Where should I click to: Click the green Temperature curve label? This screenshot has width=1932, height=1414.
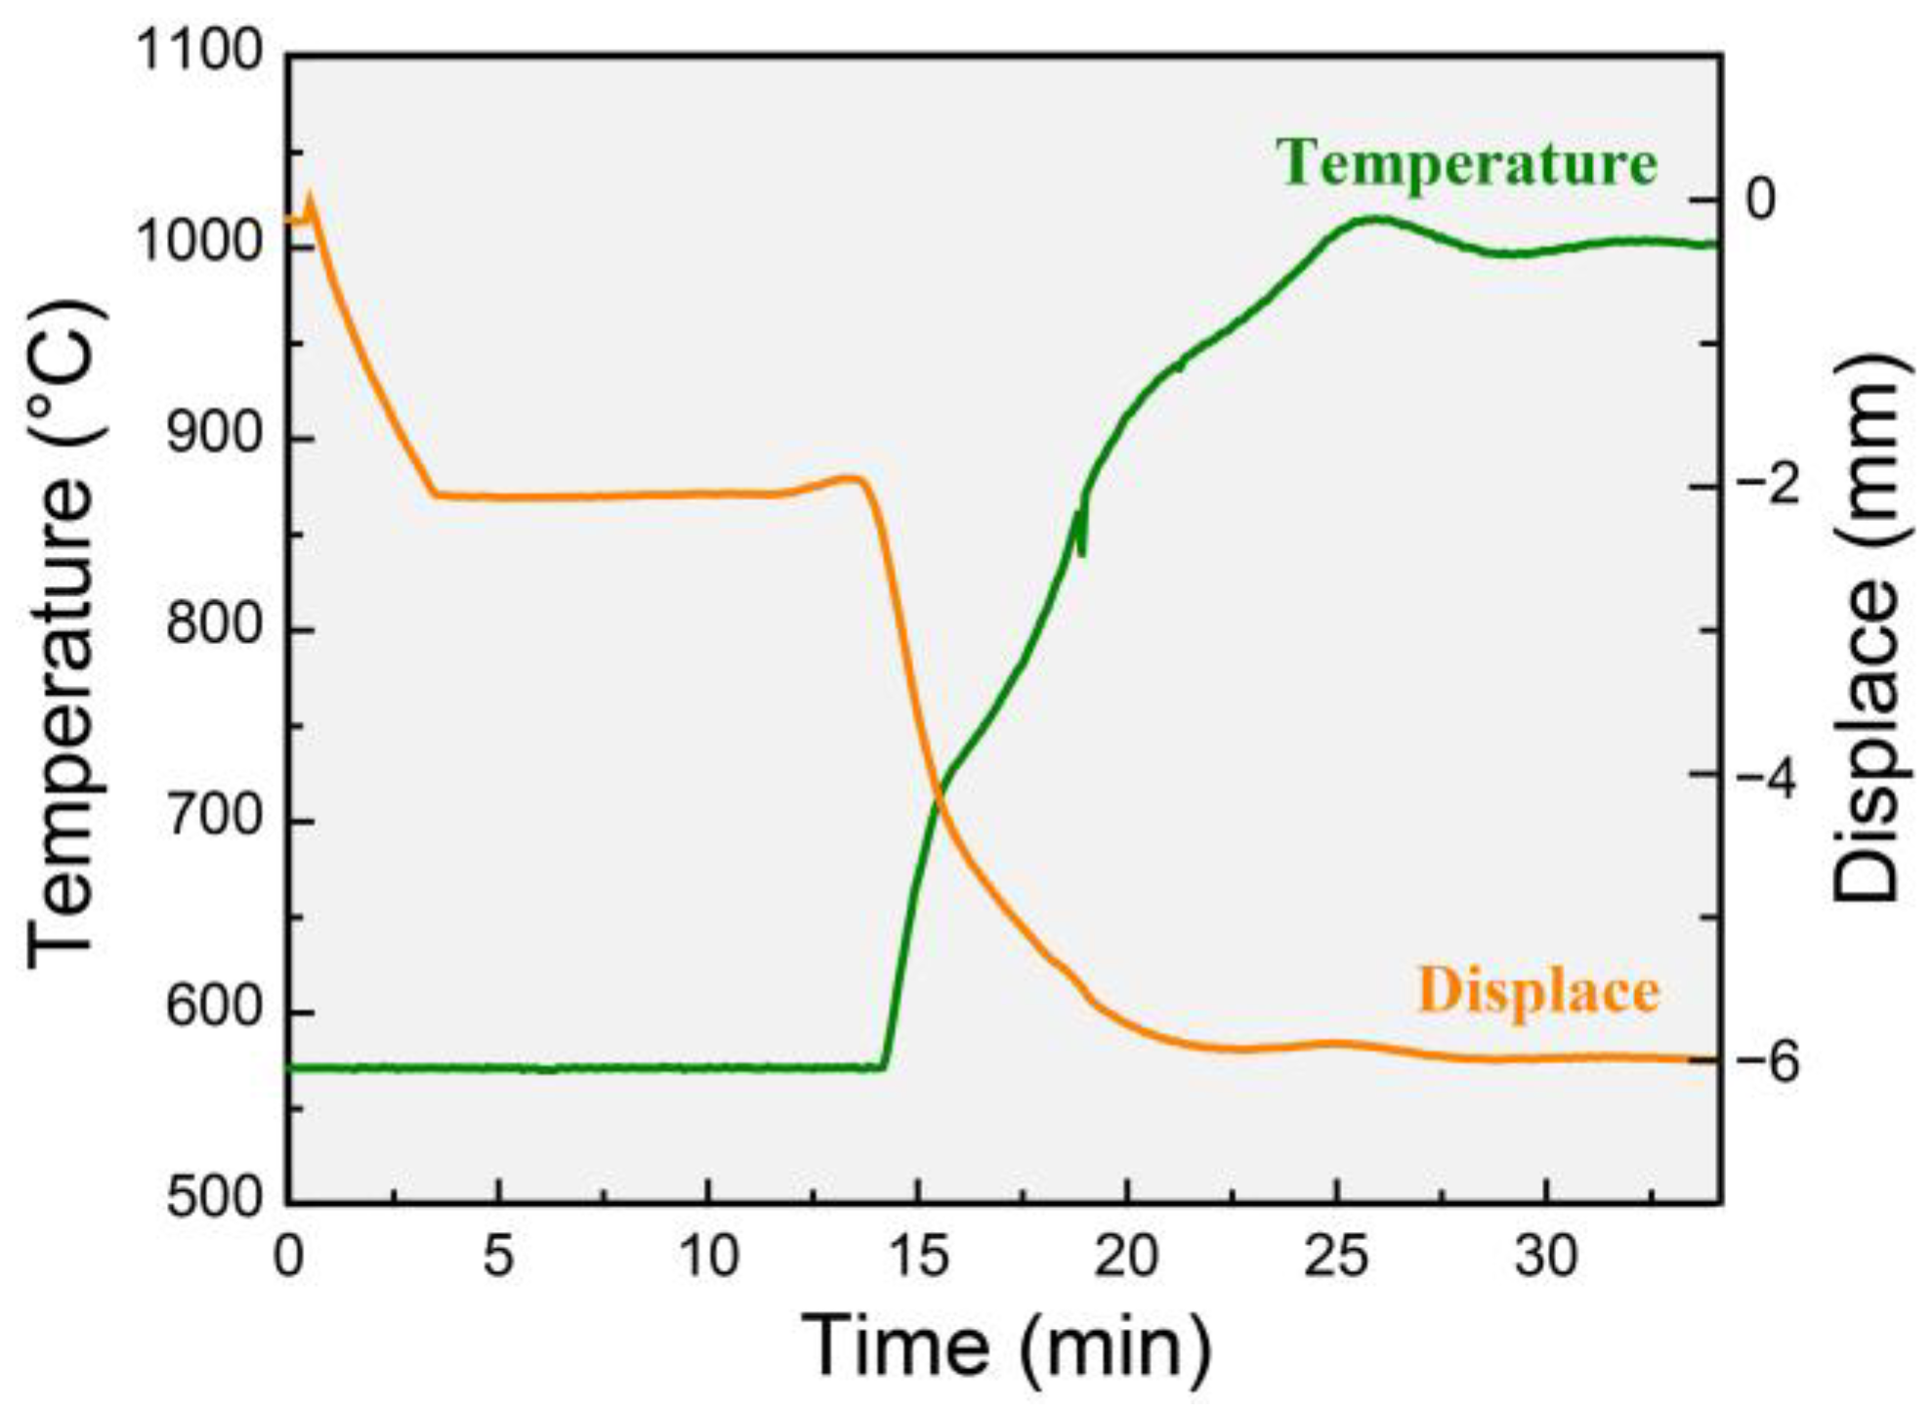(x=1466, y=162)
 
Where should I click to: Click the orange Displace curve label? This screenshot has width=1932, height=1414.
(x=1537, y=991)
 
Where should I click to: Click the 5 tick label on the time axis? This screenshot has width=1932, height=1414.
(x=498, y=1256)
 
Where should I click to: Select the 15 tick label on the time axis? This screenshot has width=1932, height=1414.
(x=918, y=1256)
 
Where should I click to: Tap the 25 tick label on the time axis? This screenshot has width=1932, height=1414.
(x=1337, y=1256)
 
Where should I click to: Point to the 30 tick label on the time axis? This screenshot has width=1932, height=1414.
(x=1546, y=1256)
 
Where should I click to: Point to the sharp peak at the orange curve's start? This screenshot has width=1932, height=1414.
(x=312, y=194)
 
